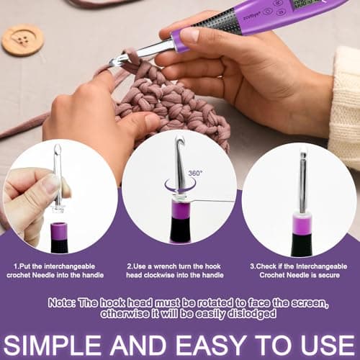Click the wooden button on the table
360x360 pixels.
pyautogui.click(x=22, y=40)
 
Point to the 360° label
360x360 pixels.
pyautogui.click(x=195, y=173)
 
